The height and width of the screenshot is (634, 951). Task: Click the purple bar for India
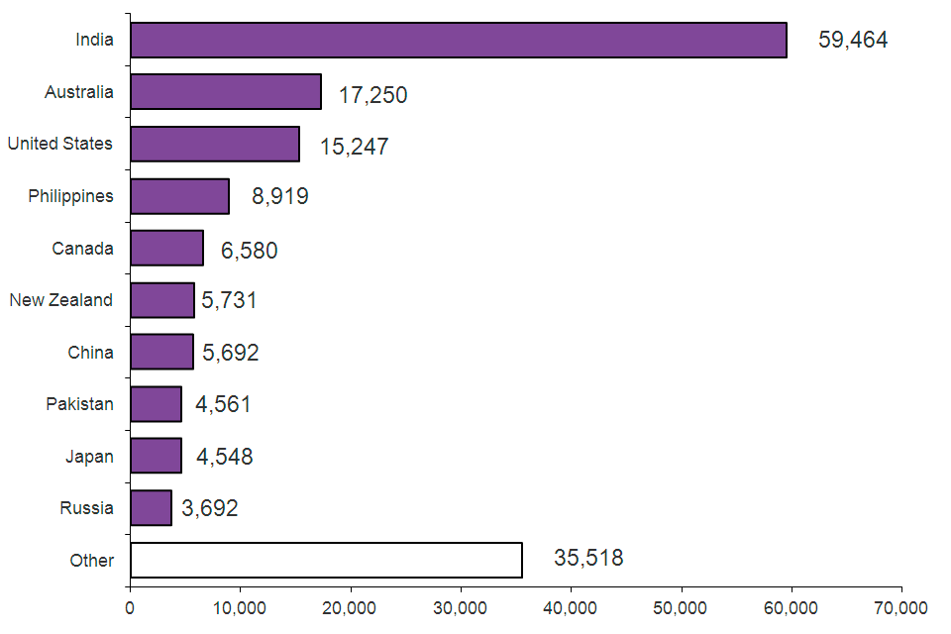tap(458, 41)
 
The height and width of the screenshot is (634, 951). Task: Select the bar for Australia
tap(226, 92)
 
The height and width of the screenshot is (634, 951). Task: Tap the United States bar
tap(215, 144)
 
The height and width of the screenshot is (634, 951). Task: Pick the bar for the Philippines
tap(179, 196)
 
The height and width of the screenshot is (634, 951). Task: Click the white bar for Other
tap(326, 560)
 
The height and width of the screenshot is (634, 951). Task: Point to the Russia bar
tap(151, 508)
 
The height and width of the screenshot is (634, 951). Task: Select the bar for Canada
tap(166, 248)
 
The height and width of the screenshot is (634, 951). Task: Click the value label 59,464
tap(853, 41)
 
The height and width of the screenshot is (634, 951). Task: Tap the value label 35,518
tap(588, 558)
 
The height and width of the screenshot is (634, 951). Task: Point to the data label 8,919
tap(280, 196)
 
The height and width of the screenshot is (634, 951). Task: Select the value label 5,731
tap(229, 300)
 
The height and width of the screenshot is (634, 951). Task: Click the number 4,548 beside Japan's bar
tap(224, 457)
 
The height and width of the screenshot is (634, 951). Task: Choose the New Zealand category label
tap(61, 300)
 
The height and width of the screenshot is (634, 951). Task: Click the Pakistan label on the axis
tap(79, 404)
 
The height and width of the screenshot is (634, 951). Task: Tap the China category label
tap(90, 352)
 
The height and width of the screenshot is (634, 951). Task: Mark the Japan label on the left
tap(89, 457)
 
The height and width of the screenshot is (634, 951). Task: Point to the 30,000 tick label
tap(461, 607)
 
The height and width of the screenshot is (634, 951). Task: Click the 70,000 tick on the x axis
tap(901, 607)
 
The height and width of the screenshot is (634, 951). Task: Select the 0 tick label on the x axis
tap(130, 607)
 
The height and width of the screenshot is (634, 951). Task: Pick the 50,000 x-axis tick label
tap(681, 607)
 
